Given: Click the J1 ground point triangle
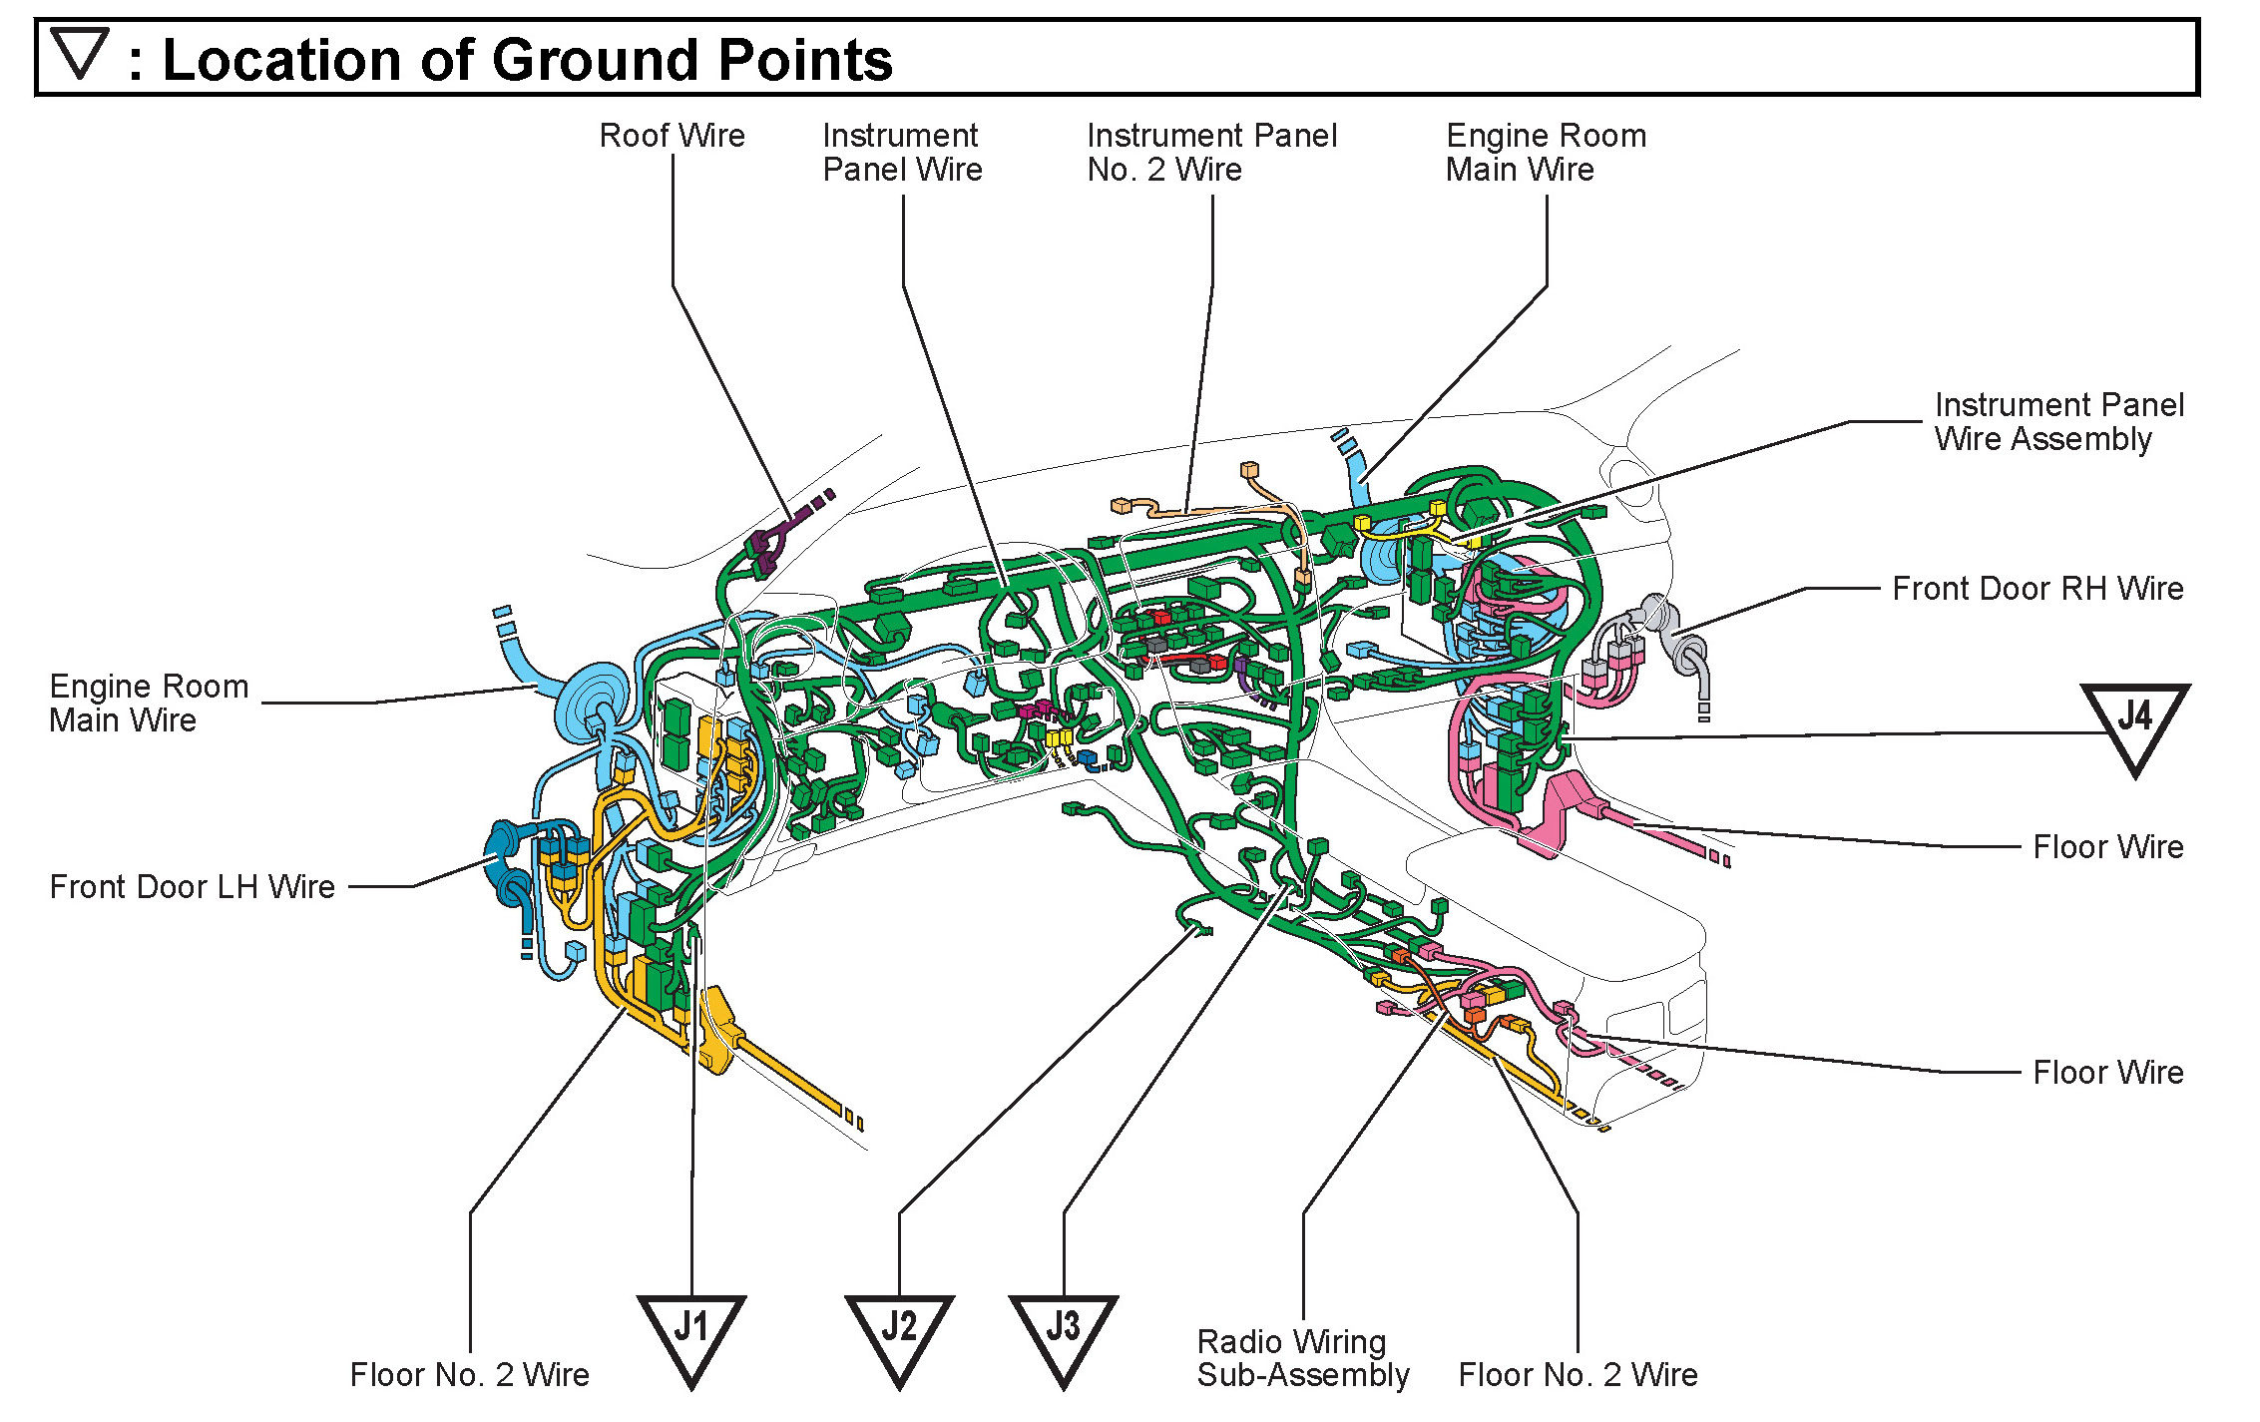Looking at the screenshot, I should (691, 1332).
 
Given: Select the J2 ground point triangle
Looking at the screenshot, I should (899, 1332).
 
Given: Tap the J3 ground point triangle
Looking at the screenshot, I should (1064, 1332).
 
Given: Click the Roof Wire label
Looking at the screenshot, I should (672, 136).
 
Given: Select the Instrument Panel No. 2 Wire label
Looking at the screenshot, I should (1211, 153).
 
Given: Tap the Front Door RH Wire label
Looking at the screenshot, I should (2037, 589).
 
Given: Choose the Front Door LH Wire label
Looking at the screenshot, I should (193, 887).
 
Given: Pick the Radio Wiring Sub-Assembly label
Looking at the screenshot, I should (1302, 1358).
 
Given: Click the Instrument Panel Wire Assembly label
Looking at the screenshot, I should (2058, 422).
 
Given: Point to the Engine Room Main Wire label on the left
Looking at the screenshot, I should (149, 704).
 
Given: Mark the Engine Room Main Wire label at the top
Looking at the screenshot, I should (1546, 153).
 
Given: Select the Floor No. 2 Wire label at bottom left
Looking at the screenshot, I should (469, 1375).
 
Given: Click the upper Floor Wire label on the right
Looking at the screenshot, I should (2107, 847).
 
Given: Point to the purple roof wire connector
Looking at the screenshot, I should (766, 548).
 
